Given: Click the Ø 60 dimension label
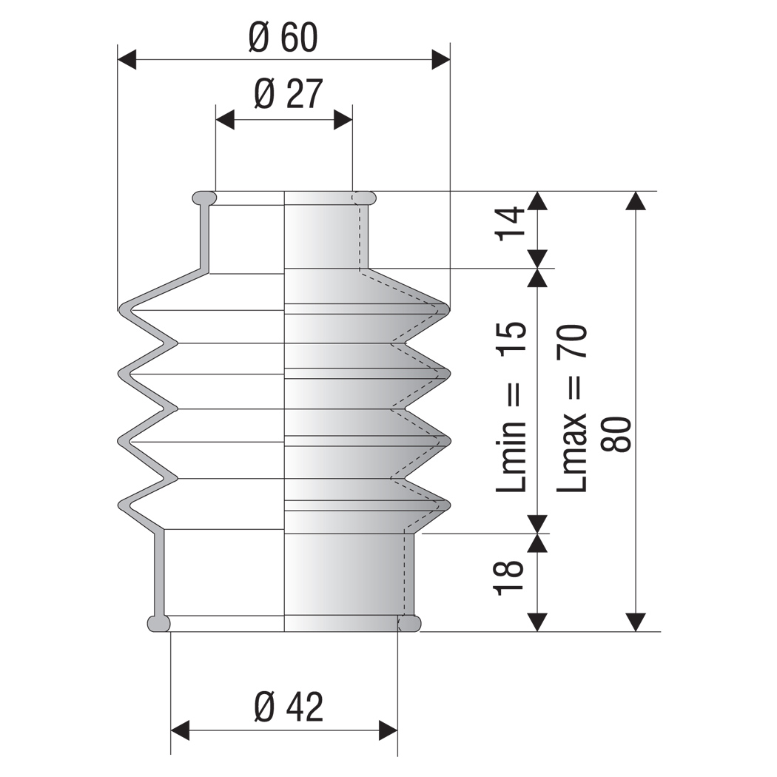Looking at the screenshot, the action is (283, 37).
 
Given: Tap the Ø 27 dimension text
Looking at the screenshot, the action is (289, 93).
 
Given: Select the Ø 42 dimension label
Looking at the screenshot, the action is (289, 707).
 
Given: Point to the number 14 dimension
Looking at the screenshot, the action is (511, 223).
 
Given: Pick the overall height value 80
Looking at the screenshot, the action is (616, 434).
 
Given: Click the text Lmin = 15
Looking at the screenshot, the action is (511, 407).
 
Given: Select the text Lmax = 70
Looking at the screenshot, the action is (571, 408).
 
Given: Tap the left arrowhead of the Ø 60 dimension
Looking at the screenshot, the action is (127, 59).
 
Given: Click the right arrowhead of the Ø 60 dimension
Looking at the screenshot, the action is (441, 59).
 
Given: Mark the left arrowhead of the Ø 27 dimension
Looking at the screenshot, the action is (225, 119).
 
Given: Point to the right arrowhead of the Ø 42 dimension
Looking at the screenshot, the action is (388, 730).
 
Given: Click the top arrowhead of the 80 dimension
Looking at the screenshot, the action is (636, 201).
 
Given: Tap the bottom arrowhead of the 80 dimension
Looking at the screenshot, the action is (636, 622).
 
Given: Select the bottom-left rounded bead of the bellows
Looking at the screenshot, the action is (159, 623).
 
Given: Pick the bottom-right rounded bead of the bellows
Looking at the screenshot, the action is (409, 623).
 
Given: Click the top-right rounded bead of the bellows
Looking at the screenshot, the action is (364, 198).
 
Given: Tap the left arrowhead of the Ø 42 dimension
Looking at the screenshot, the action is (180, 730).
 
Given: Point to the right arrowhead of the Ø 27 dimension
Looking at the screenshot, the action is (343, 119).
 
